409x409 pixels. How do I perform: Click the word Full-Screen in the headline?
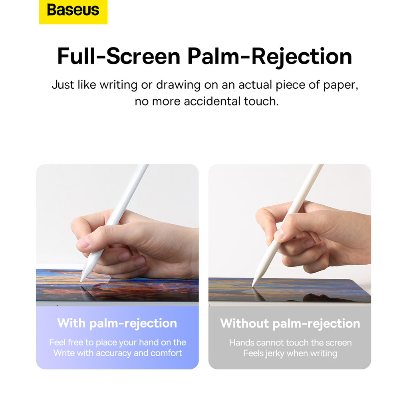119,56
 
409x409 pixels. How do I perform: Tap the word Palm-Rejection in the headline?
270,57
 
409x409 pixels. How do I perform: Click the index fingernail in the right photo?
279,234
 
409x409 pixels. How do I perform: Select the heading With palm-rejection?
117,324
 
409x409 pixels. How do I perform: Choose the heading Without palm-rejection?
290,324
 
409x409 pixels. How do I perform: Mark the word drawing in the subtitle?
178,85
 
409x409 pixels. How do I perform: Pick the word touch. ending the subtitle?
261,101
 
